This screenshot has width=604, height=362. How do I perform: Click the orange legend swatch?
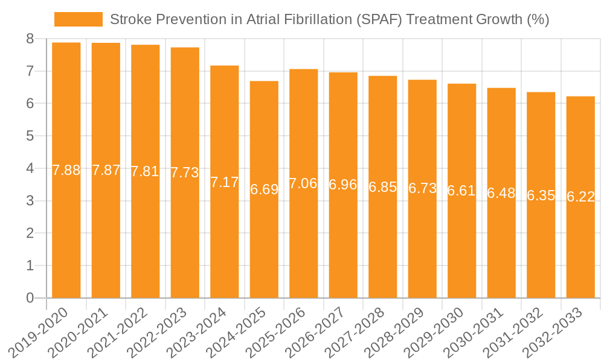[x=78, y=19]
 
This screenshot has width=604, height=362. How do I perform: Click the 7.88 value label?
[x=66, y=170]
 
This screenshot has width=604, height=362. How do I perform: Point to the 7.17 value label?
[x=225, y=182]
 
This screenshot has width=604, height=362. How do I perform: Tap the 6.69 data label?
[x=264, y=189]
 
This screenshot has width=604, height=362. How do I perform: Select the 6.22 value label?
[x=580, y=197]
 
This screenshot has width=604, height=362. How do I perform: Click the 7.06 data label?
[x=303, y=183]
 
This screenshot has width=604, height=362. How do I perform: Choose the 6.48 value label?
[x=501, y=193]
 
